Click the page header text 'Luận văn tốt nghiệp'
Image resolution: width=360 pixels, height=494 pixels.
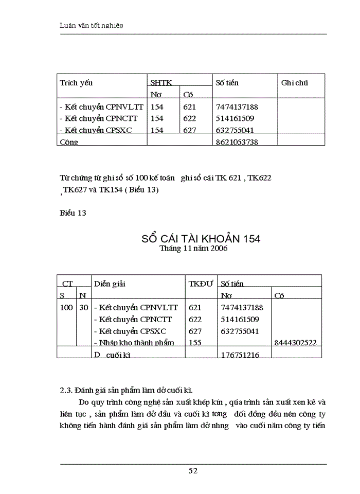[x=92, y=25]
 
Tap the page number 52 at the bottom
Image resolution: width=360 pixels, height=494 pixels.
[x=193, y=470]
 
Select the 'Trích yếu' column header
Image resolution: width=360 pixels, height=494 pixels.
[x=76, y=83]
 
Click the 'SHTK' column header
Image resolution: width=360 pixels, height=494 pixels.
[x=161, y=83]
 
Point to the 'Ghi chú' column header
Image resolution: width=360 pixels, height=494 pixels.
[x=295, y=83]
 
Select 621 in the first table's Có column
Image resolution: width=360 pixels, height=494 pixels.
[x=189, y=107]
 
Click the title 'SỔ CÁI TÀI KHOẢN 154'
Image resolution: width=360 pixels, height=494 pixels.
[x=201, y=239]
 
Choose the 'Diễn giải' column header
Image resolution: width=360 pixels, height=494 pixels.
[x=110, y=284]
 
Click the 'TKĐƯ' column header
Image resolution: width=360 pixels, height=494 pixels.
[x=201, y=284]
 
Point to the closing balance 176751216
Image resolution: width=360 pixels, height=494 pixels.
[x=240, y=355]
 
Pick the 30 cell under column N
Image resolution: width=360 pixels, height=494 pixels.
[x=83, y=308]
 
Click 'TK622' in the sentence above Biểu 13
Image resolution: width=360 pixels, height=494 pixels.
[x=260, y=178]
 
